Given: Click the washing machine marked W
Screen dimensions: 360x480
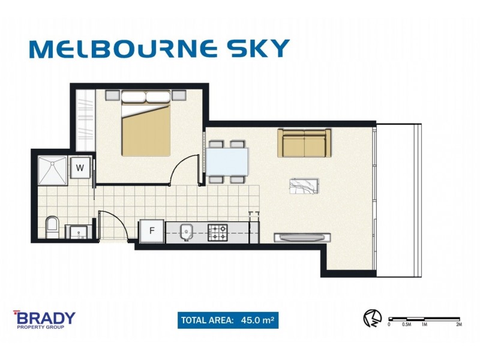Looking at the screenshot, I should pos(80,167).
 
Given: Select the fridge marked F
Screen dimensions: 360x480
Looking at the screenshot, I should pos(152,231).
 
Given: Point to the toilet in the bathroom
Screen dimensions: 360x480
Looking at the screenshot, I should pos(52,227).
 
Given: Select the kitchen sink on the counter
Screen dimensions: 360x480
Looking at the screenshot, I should pos(186,231).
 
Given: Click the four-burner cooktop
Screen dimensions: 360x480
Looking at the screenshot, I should pos(217,232).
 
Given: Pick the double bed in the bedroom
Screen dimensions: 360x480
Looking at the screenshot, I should pos(146,126).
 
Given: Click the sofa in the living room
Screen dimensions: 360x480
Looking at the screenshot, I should pos(304,143).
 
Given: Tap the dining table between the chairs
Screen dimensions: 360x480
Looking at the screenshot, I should pos(227,161).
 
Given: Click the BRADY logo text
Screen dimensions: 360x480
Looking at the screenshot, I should pos(45,317).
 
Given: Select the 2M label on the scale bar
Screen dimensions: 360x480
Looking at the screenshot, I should pos(458,325).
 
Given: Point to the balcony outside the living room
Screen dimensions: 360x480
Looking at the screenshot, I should pos(399,198).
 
